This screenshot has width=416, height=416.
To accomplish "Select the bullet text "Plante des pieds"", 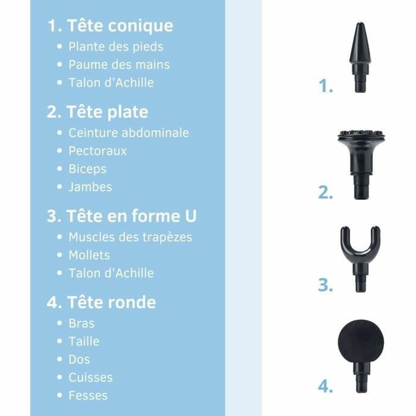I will coord(116,47).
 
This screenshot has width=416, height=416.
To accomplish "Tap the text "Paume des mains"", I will coord(119,65).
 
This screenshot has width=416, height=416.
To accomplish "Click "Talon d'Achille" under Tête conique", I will coord(111,83).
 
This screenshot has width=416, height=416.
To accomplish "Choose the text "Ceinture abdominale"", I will coord(129,133).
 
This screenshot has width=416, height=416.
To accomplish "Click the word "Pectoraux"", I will coord(98,151).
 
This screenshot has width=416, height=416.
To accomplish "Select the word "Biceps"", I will coord(87,169).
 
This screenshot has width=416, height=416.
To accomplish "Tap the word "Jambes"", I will coord(90,187).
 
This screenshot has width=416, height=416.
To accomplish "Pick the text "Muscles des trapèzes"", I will coord(130,237).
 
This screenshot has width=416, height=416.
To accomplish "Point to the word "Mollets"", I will coord(89,255).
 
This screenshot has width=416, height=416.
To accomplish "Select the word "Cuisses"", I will coord(90,378).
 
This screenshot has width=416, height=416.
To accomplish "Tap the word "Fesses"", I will coord(88,396).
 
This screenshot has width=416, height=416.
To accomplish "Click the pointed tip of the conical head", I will coord(360,26).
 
